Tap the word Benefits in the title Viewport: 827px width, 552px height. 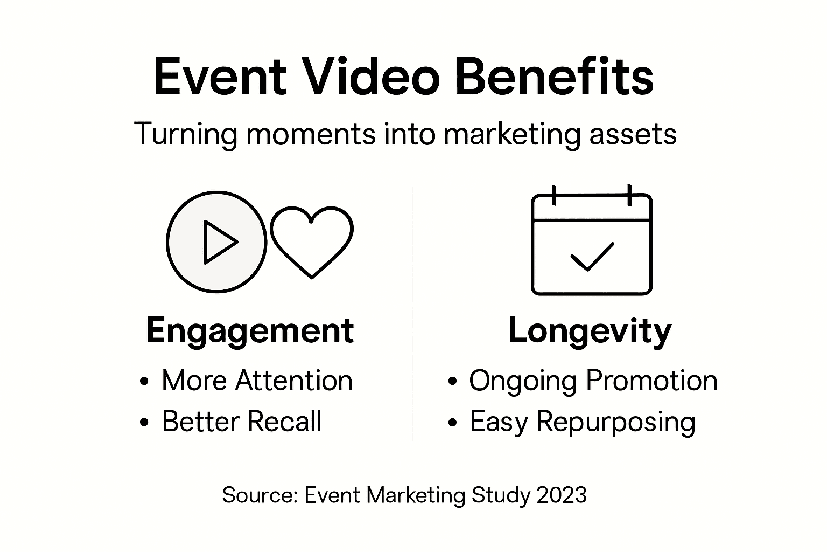click(x=554, y=77)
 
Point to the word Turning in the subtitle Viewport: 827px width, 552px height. click(x=185, y=134)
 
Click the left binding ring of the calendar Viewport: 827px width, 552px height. click(x=553, y=195)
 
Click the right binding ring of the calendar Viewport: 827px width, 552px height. click(x=629, y=195)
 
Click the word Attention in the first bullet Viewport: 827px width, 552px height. click(x=294, y=381)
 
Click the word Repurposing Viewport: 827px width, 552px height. click(x=616, y=422)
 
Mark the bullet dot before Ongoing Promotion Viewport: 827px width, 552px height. click(x=452, y=382)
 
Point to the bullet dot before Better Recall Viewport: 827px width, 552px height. click(x=143, y=423)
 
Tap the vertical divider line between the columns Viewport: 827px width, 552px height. click(x=412, y=313)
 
